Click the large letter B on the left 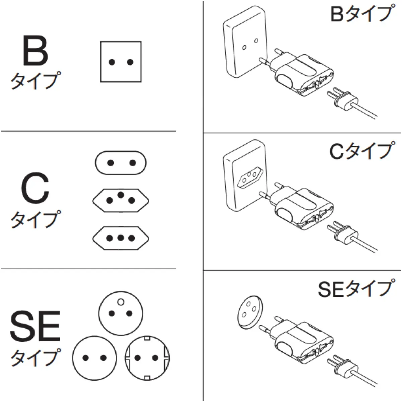pyautogui.click(x=35, y=50)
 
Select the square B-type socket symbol pyautogui.click(x=121, y=62)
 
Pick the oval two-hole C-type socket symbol pyautogui.click(x=121, y=163)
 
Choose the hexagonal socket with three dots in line pyautogui.click(x=121, y=238)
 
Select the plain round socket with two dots pyautogui.click(x=95, y=358)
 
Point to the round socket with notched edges pyautogui.click(x=147, y=358)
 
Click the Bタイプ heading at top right pyautogui.click(x=360, y=14)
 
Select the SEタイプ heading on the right pyautogui.click(x=354, y=289)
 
